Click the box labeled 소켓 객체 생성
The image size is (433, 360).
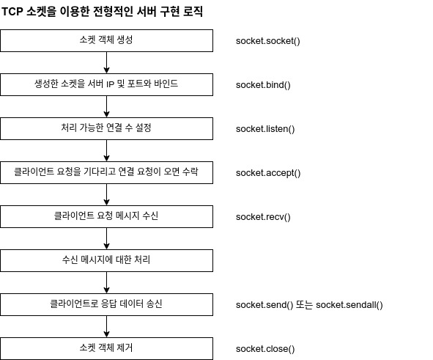(x=106, y=40)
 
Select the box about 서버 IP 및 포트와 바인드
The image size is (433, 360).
(x=106, y=84)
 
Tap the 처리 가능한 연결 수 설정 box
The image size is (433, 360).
(x=106, y=128)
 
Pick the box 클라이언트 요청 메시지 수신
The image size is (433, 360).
(x=106, y=216)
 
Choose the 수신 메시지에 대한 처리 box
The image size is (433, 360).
(x=106, y=260)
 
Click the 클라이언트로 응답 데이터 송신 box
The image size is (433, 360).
(x=106, y=304)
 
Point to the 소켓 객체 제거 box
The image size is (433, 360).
(x=106, y=348)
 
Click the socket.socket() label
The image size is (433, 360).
(x=268, y=41)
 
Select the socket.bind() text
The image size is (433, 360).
(x=263, y=85)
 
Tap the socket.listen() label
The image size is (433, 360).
(x=265, y=129)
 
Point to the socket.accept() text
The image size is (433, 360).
(x=268, y=173)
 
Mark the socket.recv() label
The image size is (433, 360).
(x=263, y=217)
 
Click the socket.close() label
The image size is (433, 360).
(x=265, y=349)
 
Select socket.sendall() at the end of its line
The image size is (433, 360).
(x=349, y=305)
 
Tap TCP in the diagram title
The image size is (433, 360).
(x=12, y=12)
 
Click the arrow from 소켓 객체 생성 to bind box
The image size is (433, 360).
(x=106, y=63)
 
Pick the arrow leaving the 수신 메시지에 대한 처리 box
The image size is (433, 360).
(x=106, y=282)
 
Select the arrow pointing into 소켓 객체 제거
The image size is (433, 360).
(x=106, y=326)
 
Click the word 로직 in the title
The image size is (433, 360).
(x=193, y=12)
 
